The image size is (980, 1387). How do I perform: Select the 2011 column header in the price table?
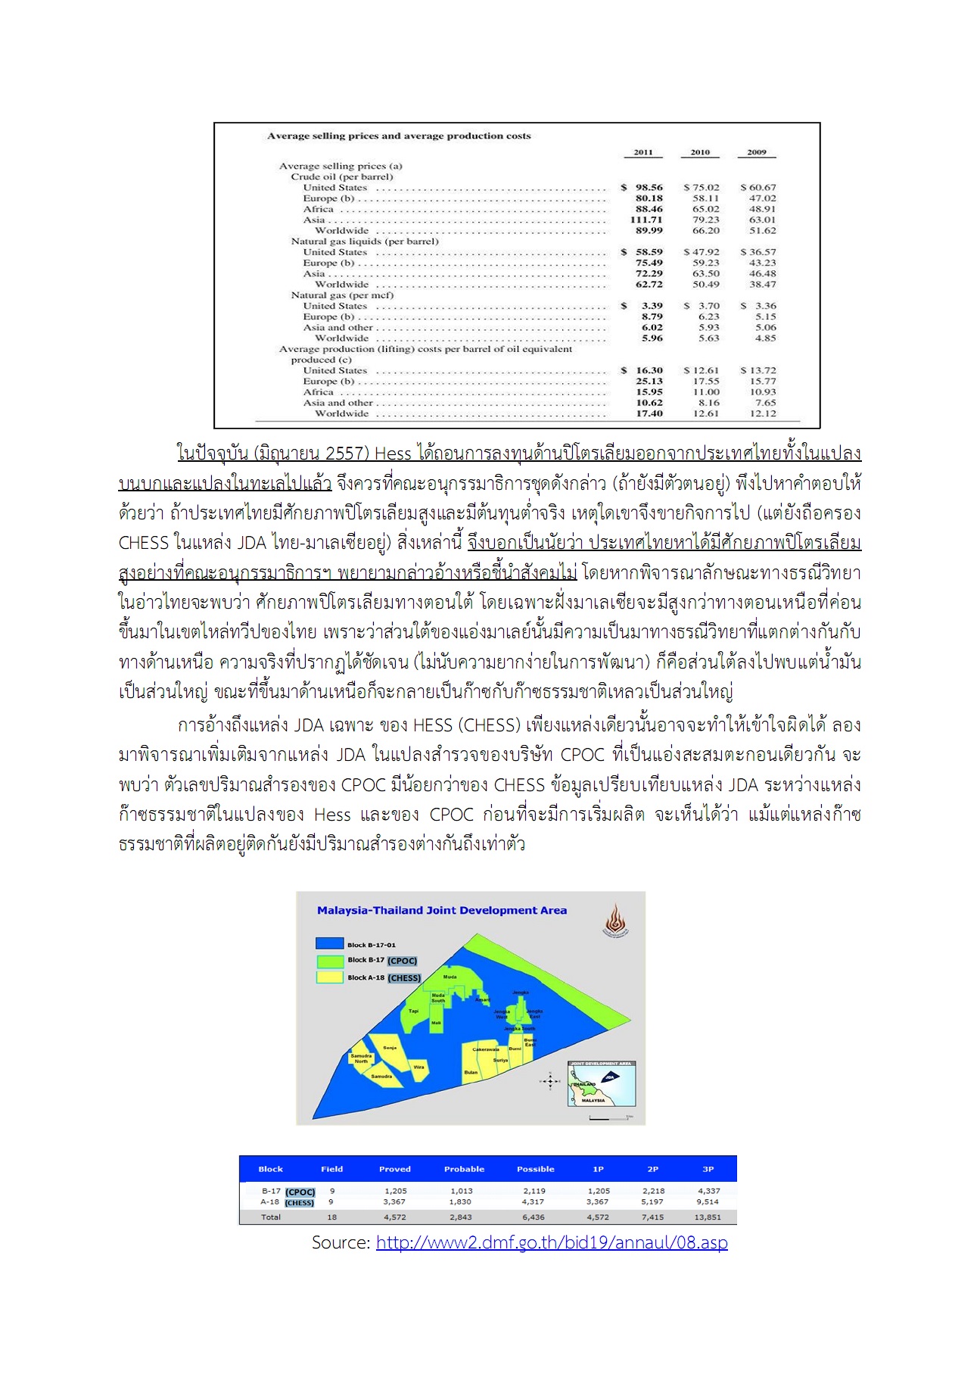[x=643, y=152]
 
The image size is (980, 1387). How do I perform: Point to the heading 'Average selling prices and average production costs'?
[x=399, y=136]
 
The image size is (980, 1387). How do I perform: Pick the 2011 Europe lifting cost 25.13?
[x=649, y=382]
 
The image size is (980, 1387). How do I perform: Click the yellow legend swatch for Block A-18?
[x=329, y=977]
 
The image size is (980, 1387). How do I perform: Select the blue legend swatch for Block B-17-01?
[x=329, y=944]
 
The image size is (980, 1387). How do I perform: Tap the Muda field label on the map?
[x=450, y=977]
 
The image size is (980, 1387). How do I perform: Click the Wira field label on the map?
[x=418, y=1067]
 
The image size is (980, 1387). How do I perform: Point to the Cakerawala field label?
[x=485, y=1049]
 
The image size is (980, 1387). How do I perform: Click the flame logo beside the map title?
[x=615, y=920]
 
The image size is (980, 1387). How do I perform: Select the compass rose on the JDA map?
[x=550, y=1082]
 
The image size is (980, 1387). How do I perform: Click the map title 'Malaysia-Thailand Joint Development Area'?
[x=441, y=911]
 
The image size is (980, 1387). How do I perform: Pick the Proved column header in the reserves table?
[x=394, y=1169]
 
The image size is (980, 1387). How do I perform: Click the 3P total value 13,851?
[x=708, y=1217]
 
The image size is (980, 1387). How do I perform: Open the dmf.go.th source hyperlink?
[x=552, y=1242]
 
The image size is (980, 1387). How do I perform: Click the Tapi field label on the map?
[x=413, y=1011]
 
